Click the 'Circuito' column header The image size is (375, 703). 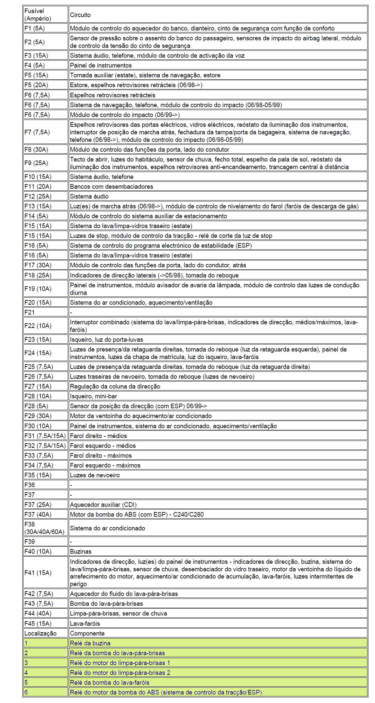pyautogui.click(x=80, y=15)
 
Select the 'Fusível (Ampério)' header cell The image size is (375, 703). pyautogui.click(x=38, y=15)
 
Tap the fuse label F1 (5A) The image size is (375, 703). pyautogui.click(x=34, y=28)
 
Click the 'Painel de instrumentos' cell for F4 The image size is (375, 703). pyautogui.click(x=101, y=65)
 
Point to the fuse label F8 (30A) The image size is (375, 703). pyautogui.click(x=36, y=149)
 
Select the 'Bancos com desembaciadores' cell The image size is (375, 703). pyautogui.click(x=112, y=186)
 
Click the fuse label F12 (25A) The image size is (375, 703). pyautogui.click(x=38, y=196)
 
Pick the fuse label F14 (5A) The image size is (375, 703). pyautogui.click(x=36, y=216)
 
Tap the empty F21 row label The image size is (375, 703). pyautogui.click(x=29, y=312)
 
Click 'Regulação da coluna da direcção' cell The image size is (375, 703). pyautogui.click(x=115, y=386)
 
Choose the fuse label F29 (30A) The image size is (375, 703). pyautogui.click(x=38, y=416)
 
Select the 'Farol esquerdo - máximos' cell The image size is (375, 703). pyautogui.click(x=105, y=465)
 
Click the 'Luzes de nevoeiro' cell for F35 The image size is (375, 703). pyautogui.click(x=95, y=475)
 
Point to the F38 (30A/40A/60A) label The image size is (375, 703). pyautogui.click(x=44, y=528)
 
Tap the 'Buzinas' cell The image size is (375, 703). pyautogui.click(x=81, y=551)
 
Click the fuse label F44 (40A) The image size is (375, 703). pyautogui.click(x=38, y=613)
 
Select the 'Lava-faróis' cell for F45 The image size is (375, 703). pyautogui.click(x=85, y=623)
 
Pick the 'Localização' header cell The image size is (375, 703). pyautogui.click(x=40, y=633)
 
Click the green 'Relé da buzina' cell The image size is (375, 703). pyautogui.click(x=90, y=643)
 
